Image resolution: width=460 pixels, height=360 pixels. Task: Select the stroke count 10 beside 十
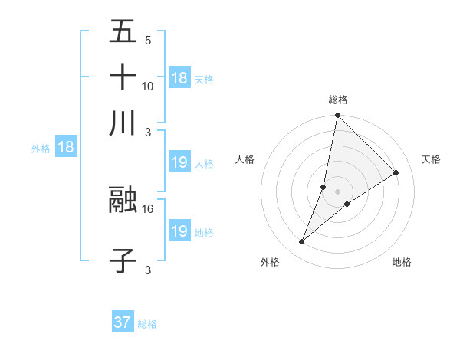[x=148, y=87]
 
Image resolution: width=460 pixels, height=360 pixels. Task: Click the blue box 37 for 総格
[x=123, y=322]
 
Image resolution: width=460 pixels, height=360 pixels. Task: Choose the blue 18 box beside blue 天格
[x=179, y=77]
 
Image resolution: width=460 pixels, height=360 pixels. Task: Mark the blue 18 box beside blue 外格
[x=66, y=147]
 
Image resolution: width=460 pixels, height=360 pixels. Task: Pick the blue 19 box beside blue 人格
[x=179, y=162]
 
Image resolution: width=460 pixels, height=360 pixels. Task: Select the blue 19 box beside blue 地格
[x=179, y=231]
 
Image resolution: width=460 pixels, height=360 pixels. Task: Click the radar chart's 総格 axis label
[x=337, y=100]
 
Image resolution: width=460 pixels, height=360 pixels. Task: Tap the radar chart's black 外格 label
[x=270, y=262]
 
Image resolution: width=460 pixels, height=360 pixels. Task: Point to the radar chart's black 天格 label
[x=431, y=159]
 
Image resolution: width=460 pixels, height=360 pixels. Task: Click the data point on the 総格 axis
[x=337, y=116]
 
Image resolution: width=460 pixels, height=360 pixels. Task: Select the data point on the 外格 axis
[x=302, y=242]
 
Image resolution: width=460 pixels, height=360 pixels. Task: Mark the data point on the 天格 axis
[x=396, y=172]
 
